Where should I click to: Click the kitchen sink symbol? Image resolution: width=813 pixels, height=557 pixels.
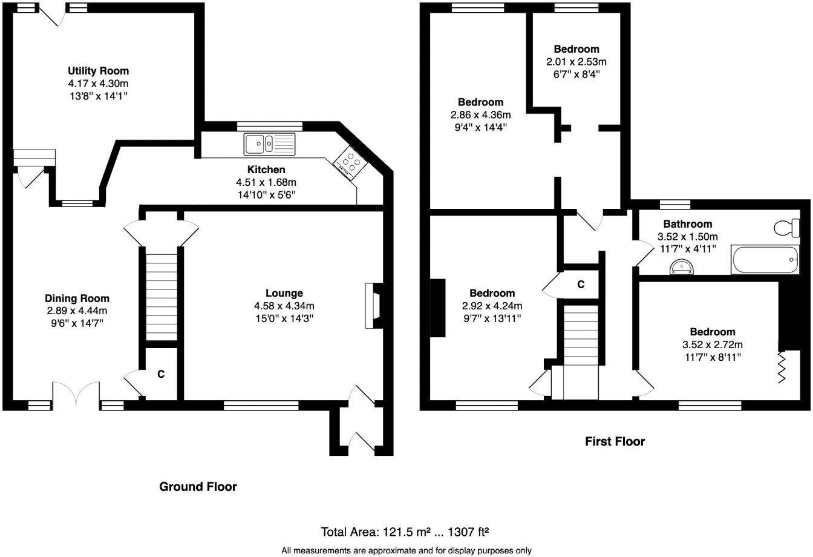click(269, 143)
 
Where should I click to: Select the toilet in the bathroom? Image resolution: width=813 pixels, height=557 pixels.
click(787, 228)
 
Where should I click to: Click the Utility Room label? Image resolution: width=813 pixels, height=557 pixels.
click(98, 71)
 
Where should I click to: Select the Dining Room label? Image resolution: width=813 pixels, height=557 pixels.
click(77, 298)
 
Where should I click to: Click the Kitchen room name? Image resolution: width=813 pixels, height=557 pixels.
click(266, 170)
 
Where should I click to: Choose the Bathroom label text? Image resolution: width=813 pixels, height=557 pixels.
click(687, 224)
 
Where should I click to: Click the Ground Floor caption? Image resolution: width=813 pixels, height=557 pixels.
click(198, 486)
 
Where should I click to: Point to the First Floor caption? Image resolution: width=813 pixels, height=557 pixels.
click(615, 441)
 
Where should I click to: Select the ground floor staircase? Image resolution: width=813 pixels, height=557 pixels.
click(162, 297)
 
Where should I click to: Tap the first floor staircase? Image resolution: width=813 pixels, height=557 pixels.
click(581, 351)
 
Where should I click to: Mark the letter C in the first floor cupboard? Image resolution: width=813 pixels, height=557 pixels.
click(581, 284)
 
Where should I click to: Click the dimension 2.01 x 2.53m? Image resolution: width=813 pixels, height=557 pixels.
click(576, 61)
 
